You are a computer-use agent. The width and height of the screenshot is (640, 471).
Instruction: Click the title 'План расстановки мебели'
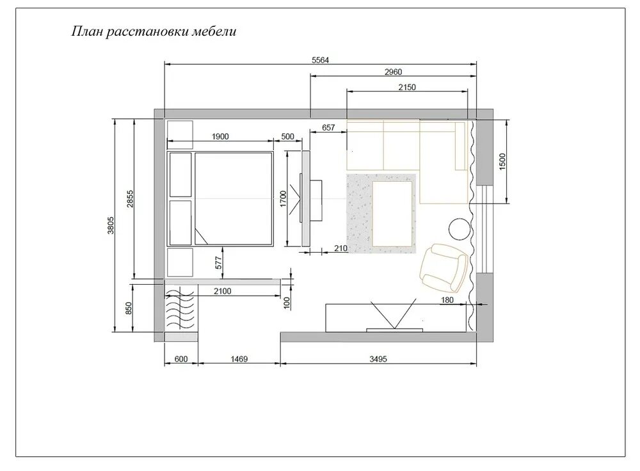click(x=154, y=32)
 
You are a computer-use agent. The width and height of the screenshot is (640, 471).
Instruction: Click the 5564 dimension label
click(x=321, y=60)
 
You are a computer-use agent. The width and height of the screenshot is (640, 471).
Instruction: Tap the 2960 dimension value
click(x=394, y=72)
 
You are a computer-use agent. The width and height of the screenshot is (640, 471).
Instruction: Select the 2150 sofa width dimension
click(x=407, y=87)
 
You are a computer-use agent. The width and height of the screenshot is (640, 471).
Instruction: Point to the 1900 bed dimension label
click(x=220, y=137)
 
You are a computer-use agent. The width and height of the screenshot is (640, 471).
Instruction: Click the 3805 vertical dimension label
click(x=111, y=225)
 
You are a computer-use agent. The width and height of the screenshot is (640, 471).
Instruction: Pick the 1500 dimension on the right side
click(x=502, y=162)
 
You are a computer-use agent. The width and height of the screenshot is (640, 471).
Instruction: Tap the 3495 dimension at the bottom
click(x=378, y=359)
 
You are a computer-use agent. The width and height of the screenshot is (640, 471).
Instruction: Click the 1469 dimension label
click(x=239, y=359)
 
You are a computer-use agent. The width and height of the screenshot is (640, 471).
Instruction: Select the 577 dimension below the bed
click(x=219, y=262)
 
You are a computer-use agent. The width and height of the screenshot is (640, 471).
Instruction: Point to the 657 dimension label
click(x=328, y=128)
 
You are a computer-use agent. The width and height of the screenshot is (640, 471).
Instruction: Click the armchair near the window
click(x=443, y=267)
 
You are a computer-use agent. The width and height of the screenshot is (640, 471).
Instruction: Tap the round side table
click(x=460, y=229)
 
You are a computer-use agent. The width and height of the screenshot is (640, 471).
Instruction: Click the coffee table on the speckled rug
click(x=392, y=214)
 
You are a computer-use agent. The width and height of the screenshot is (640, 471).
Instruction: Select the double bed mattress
click(x=234, y=199)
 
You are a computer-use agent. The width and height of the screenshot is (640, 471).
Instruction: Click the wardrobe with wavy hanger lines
click(x=181, y=308)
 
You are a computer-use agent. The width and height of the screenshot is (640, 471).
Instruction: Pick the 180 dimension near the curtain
click(x=447, y=300)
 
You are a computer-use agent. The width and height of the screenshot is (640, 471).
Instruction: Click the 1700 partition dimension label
click(x=284, y=199)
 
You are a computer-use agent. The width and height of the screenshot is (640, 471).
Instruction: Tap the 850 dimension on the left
click(x=129, y=308)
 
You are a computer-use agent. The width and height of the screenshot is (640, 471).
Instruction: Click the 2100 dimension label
click(x=223, y=291)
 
